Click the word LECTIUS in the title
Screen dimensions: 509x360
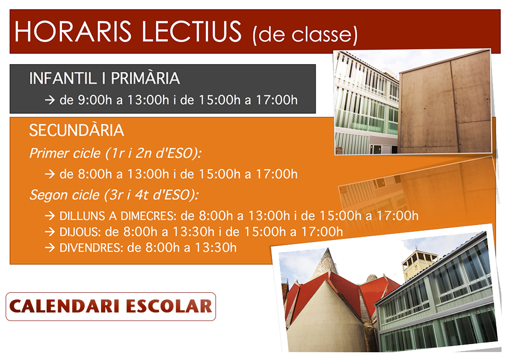coord(192,32)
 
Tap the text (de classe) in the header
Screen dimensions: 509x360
coord(305,35)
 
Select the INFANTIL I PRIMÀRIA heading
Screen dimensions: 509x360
coord(104,78)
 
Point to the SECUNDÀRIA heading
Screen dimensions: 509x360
coord(76,130)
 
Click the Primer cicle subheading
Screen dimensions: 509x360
coord(115,153)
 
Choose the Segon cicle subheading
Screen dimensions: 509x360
coord(114,195)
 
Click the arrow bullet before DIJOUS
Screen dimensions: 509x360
coord(50,232)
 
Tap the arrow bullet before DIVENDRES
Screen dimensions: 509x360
coord(50,248)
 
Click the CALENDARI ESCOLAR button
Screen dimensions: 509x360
coord(111,307)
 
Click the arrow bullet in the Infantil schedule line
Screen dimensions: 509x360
coord(50,100)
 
